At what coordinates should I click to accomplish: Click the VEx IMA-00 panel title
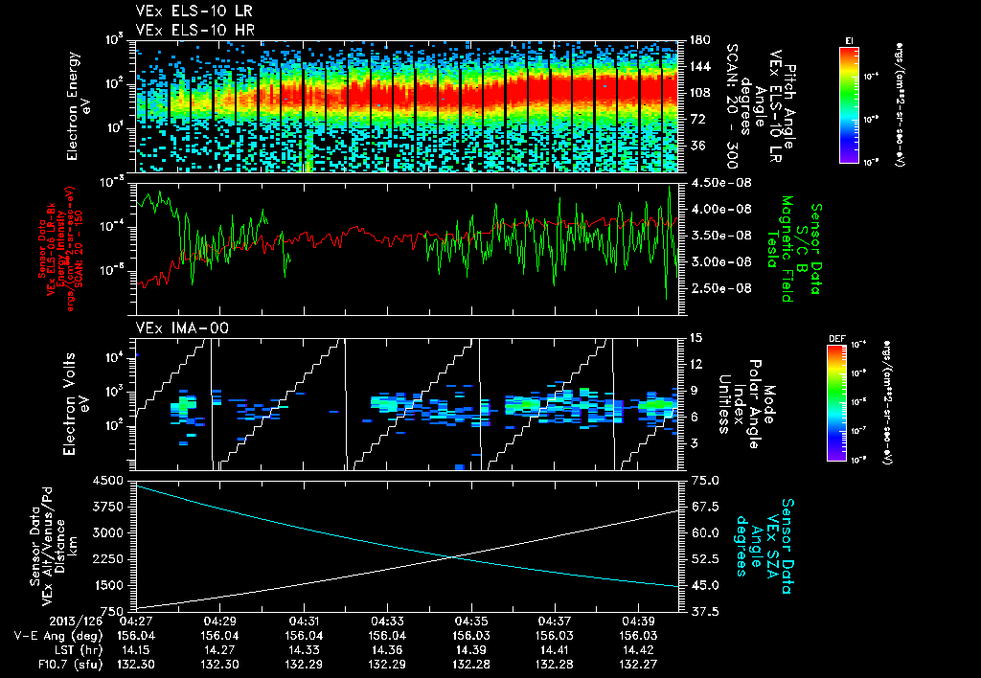click(x=173, y=328)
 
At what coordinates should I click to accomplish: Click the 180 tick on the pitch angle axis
click(x=697, y=40)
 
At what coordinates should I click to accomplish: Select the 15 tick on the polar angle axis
click(x=696, y=337)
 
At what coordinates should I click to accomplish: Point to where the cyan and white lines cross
click(x=453, y=556)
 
